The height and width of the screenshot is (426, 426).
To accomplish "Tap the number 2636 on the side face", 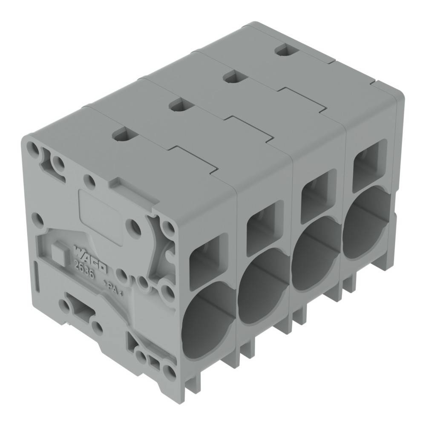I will (84, 269).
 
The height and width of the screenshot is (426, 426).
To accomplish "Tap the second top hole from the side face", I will (178, 105).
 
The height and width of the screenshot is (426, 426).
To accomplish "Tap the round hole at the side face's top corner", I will (32, 147).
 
